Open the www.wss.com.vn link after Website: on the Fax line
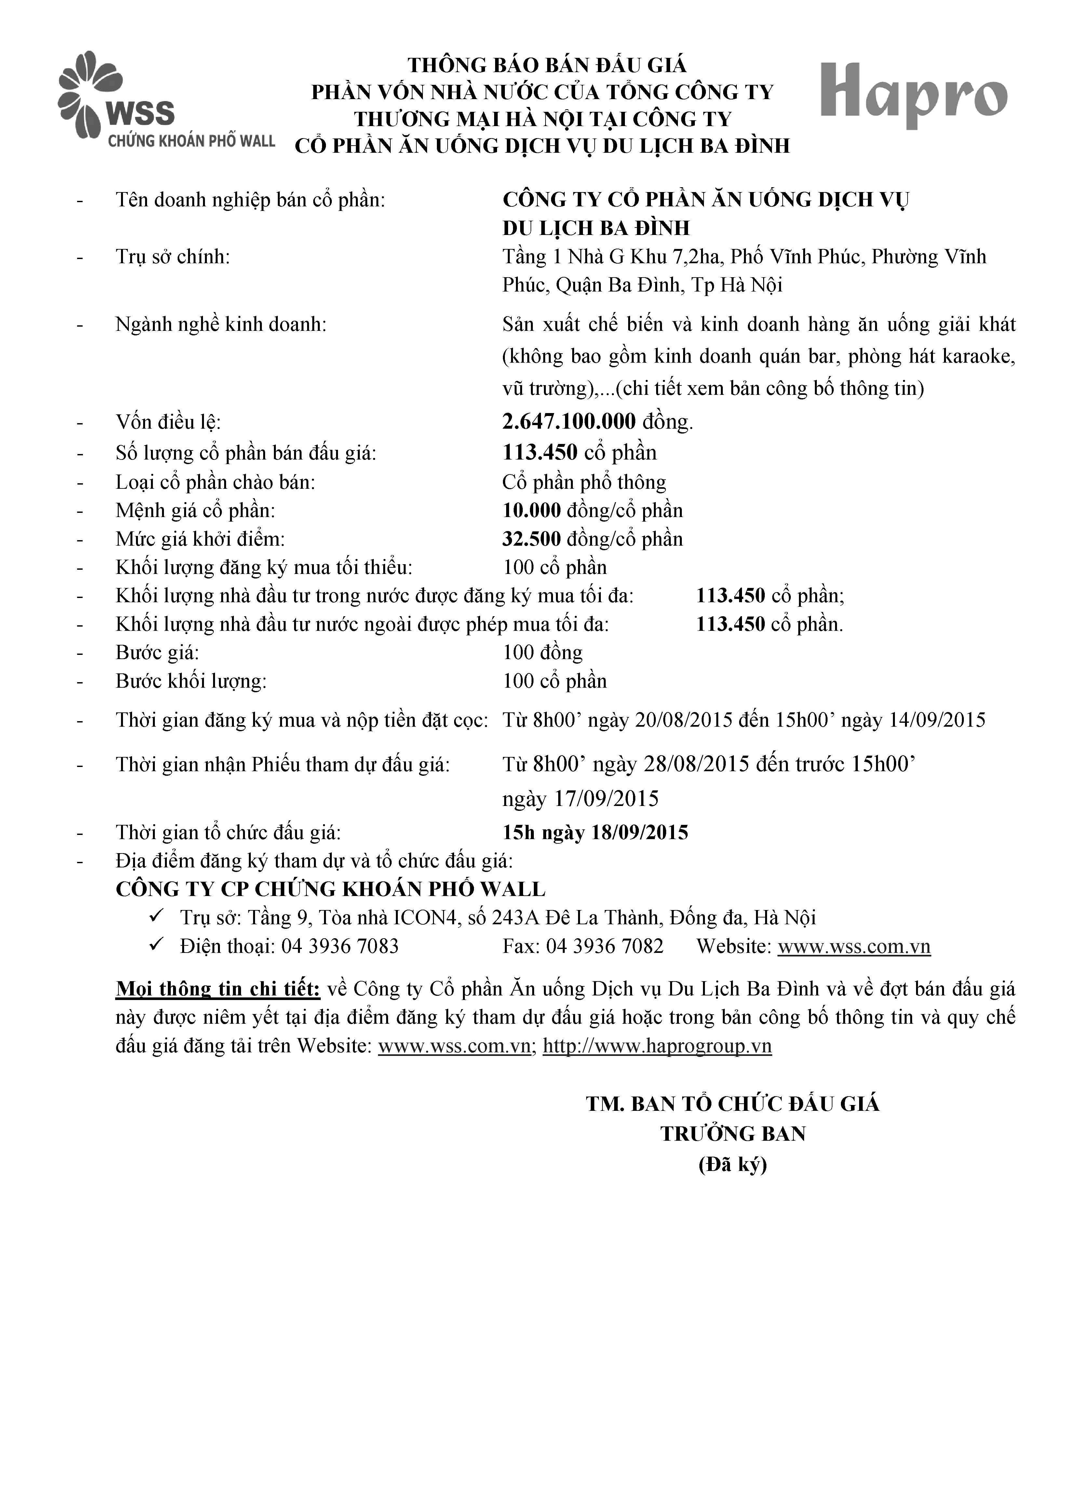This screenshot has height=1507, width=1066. point(854,946)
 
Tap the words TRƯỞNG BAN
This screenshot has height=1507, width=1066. point(733,1134)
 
